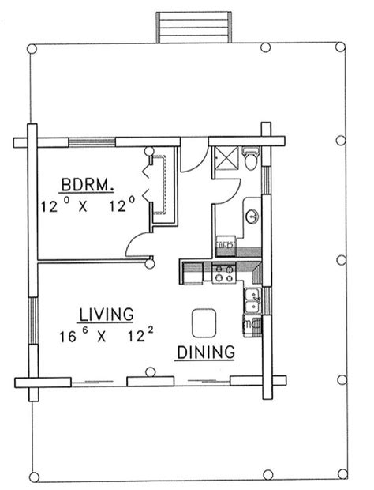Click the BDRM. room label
(x=87, y=185)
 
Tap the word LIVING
(x=107, y=315)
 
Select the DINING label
(x=206, y=352)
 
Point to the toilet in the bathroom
(x=251, y=159)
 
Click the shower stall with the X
(x=226, y=158)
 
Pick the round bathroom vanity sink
(x=252, y=217)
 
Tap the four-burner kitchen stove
(x=224, y=273)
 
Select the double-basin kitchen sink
(x=252, y=300)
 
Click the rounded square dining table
(x=204, y=323)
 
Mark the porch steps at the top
(x=193, y=28)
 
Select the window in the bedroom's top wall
(x=92, y=142)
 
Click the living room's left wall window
(x=33, y=321)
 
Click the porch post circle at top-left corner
(x=32, y=49)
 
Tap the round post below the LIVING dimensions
(x=151, y=372)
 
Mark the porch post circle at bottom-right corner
(x=342, y=473)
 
